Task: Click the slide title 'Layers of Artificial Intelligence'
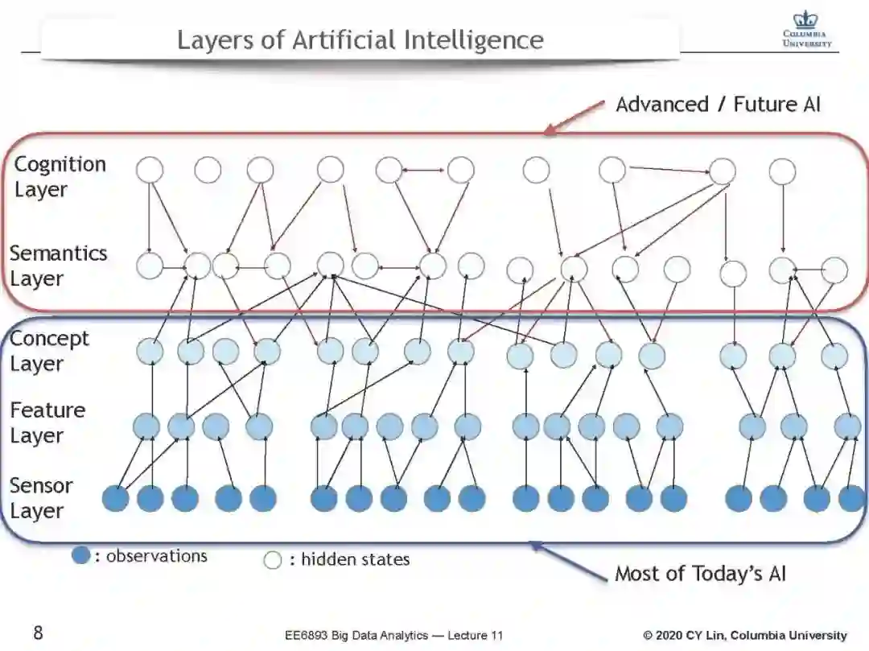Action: tap(360, 39)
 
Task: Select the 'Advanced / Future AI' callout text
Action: tap(718, 104)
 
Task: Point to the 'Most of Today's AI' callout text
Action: tap(700, 574)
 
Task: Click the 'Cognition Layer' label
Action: tap(60, 177)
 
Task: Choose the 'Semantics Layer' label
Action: tap(58, 266)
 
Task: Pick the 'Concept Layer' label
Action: tap(49, 351)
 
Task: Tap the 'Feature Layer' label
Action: tap(47, 422)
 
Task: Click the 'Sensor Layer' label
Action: tap(41, 498)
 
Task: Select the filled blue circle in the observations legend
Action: tap(80, 555)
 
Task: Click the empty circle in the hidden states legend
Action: tap(273, 560)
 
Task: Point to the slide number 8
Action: tap(38, 633)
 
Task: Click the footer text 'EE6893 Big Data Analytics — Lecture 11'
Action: tap(393, 636)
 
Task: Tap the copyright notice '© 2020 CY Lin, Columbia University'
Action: tap(744, 636)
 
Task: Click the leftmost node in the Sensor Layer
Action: tap(116, 499)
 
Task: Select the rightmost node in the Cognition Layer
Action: tap(782, 171)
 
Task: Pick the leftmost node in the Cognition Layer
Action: tap(150, 170)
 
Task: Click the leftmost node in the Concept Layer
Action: tap(150, 352)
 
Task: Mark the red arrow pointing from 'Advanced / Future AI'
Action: tap(575, 117)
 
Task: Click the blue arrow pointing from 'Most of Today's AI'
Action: tap(567, 561)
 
